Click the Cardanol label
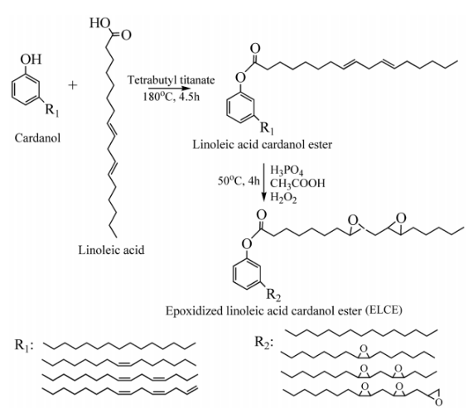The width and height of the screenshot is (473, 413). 37,138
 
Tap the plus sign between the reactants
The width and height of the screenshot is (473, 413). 72,85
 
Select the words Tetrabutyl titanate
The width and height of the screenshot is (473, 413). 171,80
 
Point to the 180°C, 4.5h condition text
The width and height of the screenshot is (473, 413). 171,97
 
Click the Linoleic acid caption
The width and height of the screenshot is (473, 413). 111,250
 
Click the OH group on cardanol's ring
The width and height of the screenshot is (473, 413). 31,59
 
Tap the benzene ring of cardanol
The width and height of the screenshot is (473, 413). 26,89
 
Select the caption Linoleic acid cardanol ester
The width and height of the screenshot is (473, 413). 262,144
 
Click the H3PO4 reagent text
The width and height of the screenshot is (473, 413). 287,170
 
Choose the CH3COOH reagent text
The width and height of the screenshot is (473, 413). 297,183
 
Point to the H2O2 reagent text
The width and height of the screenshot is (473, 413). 283,198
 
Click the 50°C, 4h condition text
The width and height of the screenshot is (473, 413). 239,181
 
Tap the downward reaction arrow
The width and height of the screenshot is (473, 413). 264,182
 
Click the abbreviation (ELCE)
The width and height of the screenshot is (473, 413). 384,310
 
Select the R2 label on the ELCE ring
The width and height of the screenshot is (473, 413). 273,295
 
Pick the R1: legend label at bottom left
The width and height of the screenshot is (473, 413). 24,345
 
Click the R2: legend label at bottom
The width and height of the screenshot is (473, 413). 264,343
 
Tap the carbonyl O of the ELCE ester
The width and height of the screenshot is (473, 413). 261,215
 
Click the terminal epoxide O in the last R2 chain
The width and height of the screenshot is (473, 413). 439,402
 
